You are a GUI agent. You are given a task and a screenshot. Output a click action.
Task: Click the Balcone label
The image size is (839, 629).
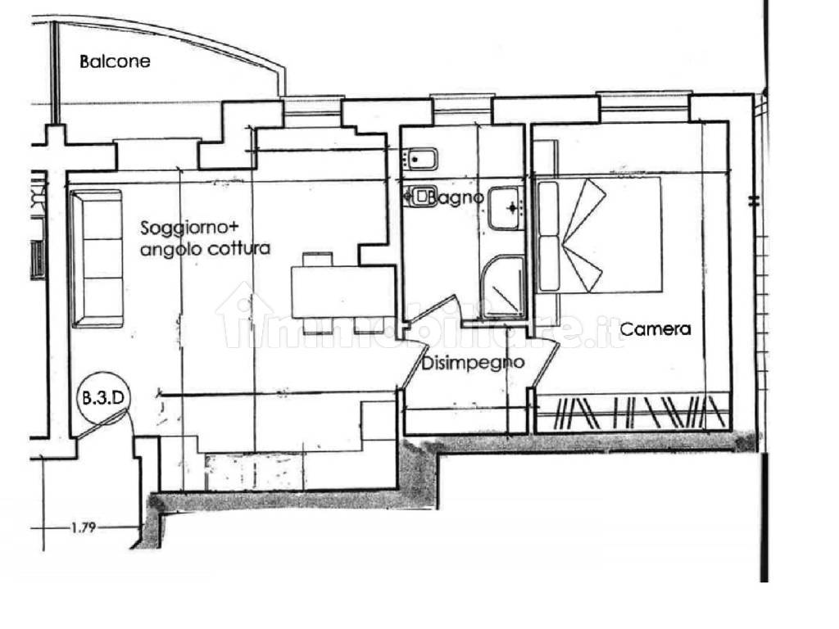click(x=115, y=61)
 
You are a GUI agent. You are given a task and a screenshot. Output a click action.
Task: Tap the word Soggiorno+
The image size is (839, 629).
click(x=189, y=229)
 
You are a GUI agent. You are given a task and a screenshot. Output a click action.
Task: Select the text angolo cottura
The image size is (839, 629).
click(x=205, y=249)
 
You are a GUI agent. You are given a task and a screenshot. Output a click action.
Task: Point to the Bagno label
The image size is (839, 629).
click(x=456, y=198)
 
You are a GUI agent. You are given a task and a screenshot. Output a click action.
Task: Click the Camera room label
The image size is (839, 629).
click(x=655, y=328)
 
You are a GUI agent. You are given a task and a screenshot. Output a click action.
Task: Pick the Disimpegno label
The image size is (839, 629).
click(x=473, y=363)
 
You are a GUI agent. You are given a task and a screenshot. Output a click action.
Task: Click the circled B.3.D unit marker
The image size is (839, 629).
click(x=102, y=399)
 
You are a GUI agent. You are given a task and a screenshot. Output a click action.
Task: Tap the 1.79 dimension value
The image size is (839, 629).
click(x=84, y=528)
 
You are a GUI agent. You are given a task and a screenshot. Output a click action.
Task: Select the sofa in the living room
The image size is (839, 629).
click(x=97, y=259)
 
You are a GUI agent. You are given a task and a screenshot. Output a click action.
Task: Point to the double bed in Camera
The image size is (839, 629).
click(x=599, y=235)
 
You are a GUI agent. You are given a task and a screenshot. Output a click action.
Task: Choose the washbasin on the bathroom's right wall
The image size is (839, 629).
click(x=506, y=208)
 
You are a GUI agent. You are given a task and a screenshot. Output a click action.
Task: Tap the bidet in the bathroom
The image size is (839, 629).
click(x=420, y=158)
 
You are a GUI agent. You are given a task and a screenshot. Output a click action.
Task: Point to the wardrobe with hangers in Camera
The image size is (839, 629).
click(x=632, y=413)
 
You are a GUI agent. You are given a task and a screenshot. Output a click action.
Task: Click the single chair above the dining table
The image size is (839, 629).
click(x=318, y=260)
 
